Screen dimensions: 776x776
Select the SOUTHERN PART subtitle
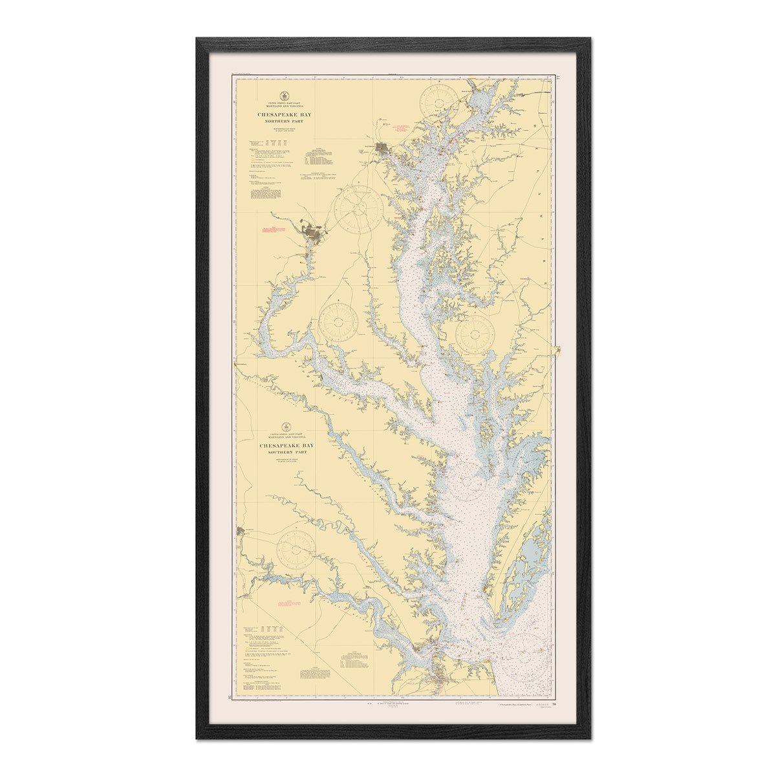pos(285,452)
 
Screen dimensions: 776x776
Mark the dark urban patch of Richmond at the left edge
pos(242,532)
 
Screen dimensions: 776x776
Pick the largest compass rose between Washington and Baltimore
pos(357,209)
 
